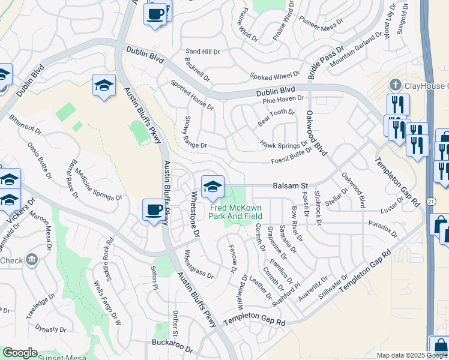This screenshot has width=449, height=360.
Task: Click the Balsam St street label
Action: pos(292,186)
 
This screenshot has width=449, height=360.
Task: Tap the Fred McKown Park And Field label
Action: pos(236,212)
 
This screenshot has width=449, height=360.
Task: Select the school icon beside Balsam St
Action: pos(212,187)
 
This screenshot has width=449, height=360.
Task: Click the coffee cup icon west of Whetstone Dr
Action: pos(155,211)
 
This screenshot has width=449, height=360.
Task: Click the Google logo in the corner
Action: pos(19,353)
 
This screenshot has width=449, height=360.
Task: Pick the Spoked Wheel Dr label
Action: pos(274,76)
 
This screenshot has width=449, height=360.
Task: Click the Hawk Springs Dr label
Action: pos(280,145)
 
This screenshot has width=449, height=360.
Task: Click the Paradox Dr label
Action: pos(383,227)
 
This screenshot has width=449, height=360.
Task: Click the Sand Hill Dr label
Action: pos(203,52)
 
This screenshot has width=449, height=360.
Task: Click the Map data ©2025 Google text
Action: pos(411,355)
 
